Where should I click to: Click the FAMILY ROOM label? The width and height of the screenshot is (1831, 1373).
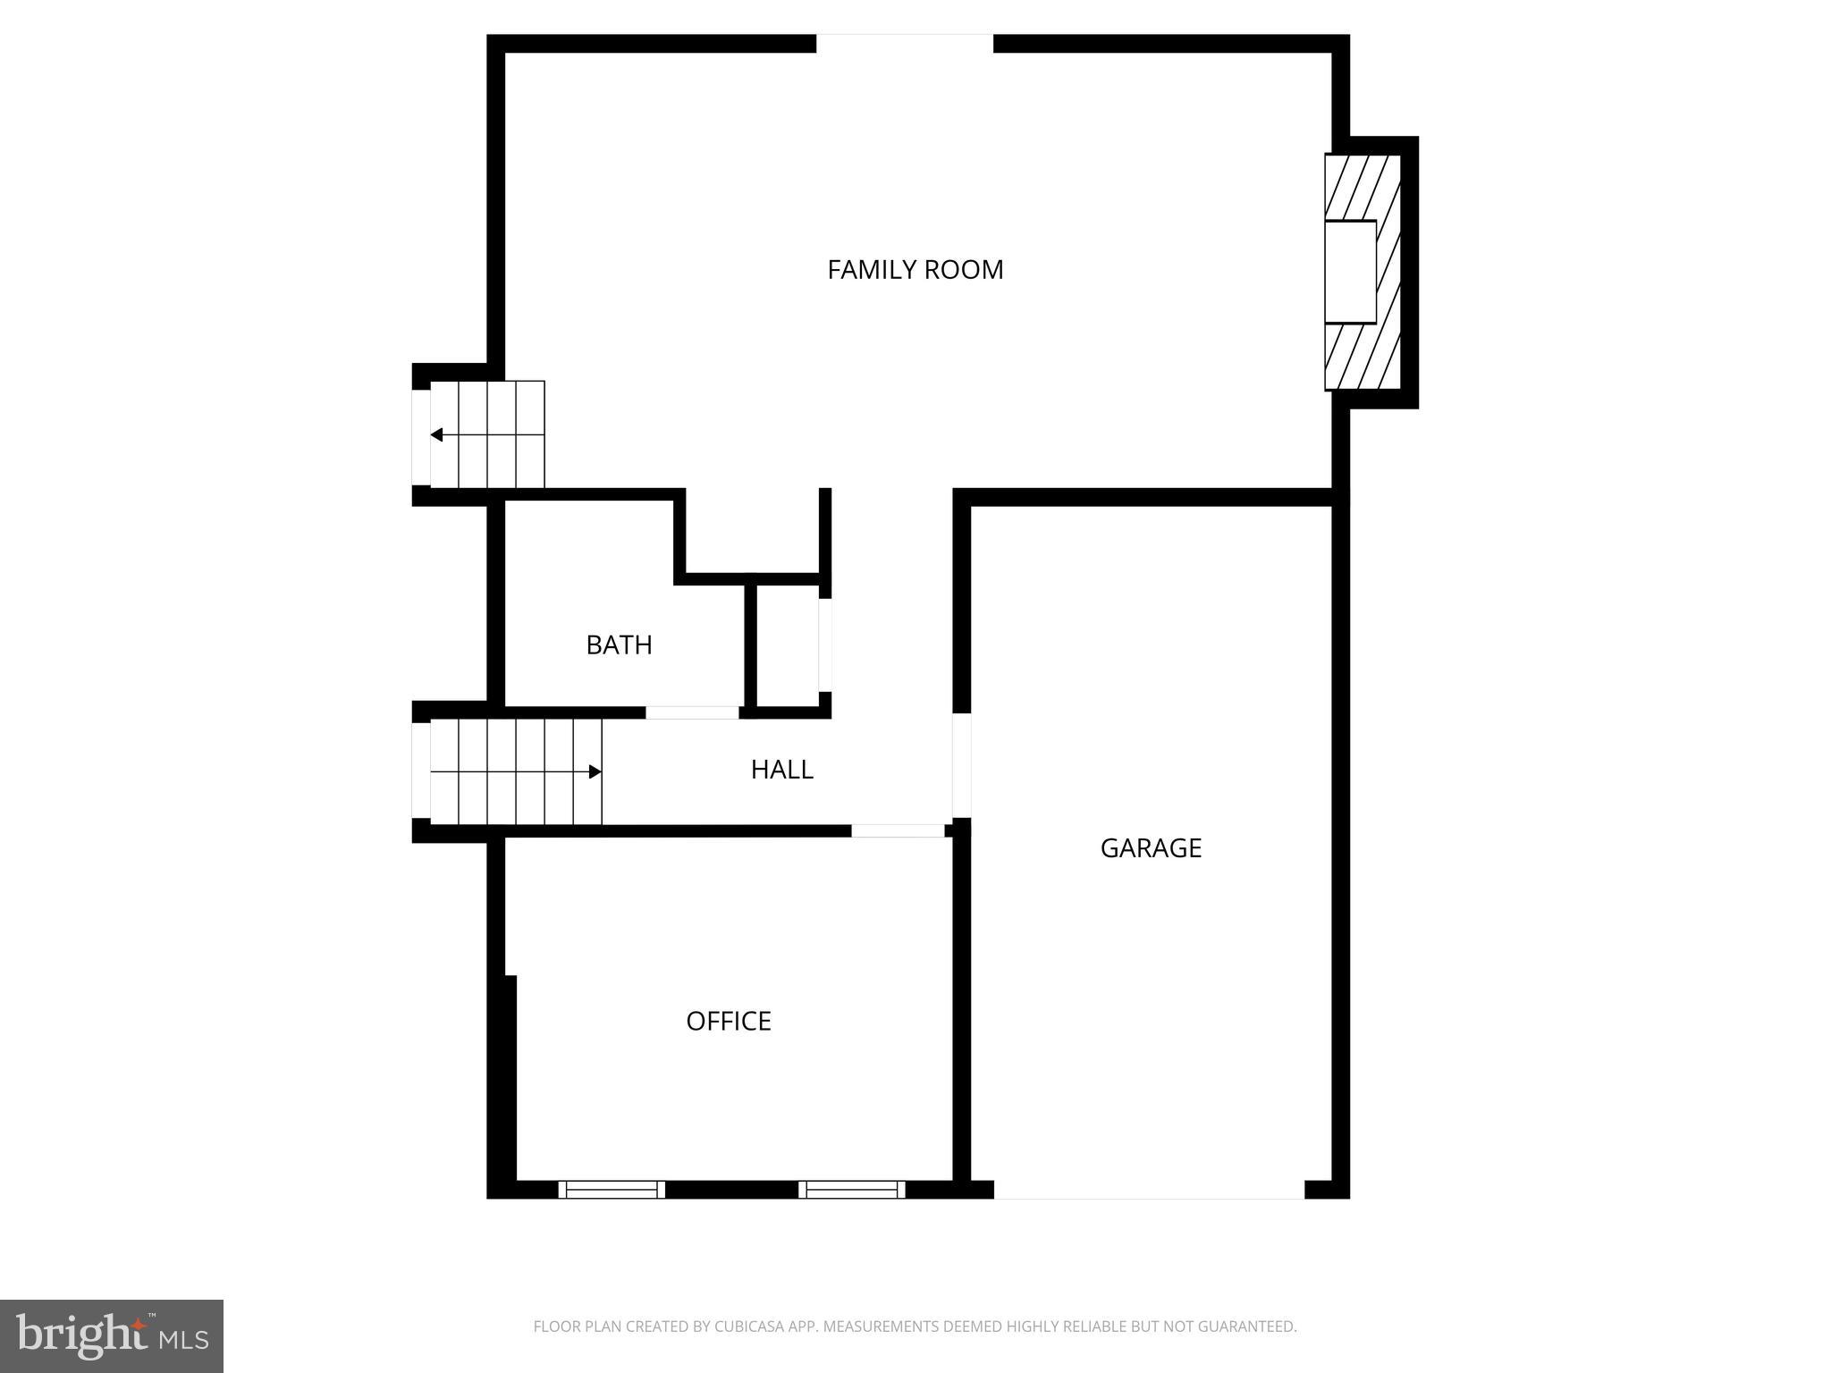tap(915, 269)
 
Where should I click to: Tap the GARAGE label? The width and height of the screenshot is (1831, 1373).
tap(1151, 847)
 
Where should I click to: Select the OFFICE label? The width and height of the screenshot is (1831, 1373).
tap(728, 1021)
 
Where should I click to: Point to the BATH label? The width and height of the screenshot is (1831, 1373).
tap(619, 644)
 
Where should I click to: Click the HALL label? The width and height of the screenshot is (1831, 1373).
tap(781, 770)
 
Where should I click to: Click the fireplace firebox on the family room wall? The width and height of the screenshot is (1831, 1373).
tap(1350, 272)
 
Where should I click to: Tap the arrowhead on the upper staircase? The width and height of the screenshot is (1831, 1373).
tap(437, 435)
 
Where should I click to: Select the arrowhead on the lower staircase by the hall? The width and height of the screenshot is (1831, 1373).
tap(595, 771)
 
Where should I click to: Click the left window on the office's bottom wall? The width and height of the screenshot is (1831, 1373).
tap(612, 1189)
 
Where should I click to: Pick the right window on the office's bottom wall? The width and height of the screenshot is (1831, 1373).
tap(851, 1189)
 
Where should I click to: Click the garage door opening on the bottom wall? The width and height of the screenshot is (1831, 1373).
tap(1149, 1190)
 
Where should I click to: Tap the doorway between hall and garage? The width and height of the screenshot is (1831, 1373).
tap(961, 765)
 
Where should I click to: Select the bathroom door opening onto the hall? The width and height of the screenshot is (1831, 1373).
tap(692, 712)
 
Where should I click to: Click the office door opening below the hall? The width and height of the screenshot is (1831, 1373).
tap(897, 830)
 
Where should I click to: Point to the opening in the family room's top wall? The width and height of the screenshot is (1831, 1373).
tap(904, 44)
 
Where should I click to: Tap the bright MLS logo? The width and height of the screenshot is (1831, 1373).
tap(112, 1336)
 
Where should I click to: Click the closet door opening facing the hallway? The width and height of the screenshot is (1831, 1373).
tap(825, 644)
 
